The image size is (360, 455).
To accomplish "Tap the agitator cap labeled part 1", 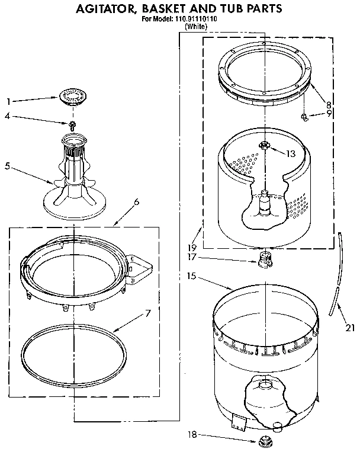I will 73,95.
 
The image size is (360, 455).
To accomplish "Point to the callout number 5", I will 8,166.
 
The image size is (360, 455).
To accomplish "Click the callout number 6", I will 137,202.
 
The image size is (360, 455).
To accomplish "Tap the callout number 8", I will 328,104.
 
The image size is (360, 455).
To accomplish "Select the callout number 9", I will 329,114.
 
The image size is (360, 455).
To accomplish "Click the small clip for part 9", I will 304,116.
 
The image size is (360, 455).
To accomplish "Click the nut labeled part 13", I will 264,145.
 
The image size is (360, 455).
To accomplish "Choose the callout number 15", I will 191,276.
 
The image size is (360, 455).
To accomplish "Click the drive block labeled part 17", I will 264,258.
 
